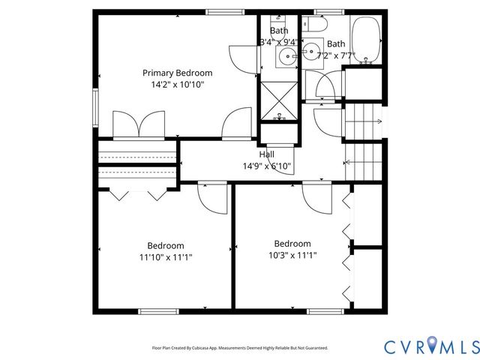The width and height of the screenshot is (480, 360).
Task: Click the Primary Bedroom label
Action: coord(178,73)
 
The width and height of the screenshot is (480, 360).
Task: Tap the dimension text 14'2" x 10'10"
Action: coord(178,85)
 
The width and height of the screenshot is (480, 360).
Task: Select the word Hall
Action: coord(266,154)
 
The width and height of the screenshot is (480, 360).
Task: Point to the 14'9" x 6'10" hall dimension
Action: coord(266,166)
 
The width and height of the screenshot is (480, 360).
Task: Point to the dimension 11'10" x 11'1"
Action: coord(166,257)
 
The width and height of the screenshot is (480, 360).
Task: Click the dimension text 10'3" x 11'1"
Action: coord(292,255)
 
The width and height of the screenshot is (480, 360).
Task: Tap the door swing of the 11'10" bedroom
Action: coord(212,199)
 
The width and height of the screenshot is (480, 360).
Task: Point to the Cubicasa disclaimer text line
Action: coord(240,348)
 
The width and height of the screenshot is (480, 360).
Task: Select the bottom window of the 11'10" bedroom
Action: coord(159,311)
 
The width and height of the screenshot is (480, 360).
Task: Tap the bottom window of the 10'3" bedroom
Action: coord(326,311)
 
